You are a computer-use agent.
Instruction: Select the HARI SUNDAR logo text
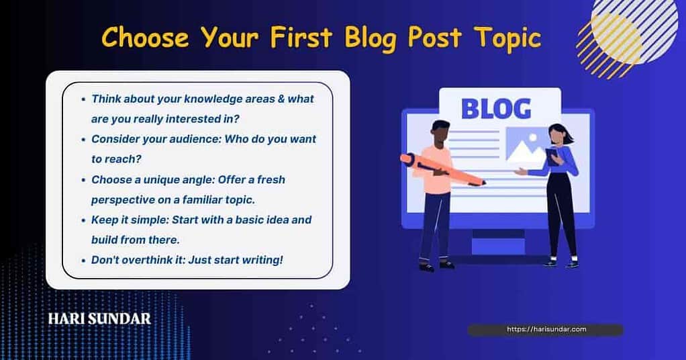coord(100,318)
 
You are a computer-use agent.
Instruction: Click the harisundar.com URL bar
coord(546,329)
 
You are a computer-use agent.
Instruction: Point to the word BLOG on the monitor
coord(496,109)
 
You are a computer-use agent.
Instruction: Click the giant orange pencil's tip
coord(484,183)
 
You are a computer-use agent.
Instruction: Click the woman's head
coord(558,136)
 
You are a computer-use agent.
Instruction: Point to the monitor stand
coord(498,242)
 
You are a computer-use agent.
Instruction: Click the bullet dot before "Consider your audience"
coord(83,140)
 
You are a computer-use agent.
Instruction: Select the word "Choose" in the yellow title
coord(145,37)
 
